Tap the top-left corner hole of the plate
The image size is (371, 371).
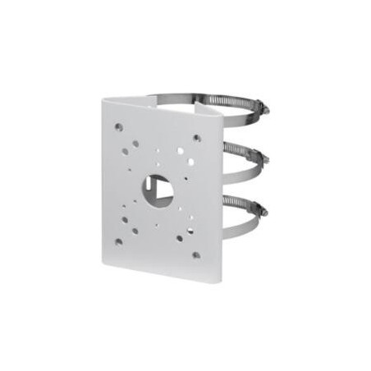point(119,127)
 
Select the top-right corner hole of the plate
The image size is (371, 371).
point(197,138)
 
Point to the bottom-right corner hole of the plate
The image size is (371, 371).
point(195,255)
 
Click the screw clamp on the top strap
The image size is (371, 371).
point(259,107)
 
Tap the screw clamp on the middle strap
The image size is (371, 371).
point(262,158)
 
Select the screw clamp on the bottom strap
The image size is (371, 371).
point(261,210)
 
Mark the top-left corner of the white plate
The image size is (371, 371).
point(103,99)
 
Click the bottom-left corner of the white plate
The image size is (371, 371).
point(103,264)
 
